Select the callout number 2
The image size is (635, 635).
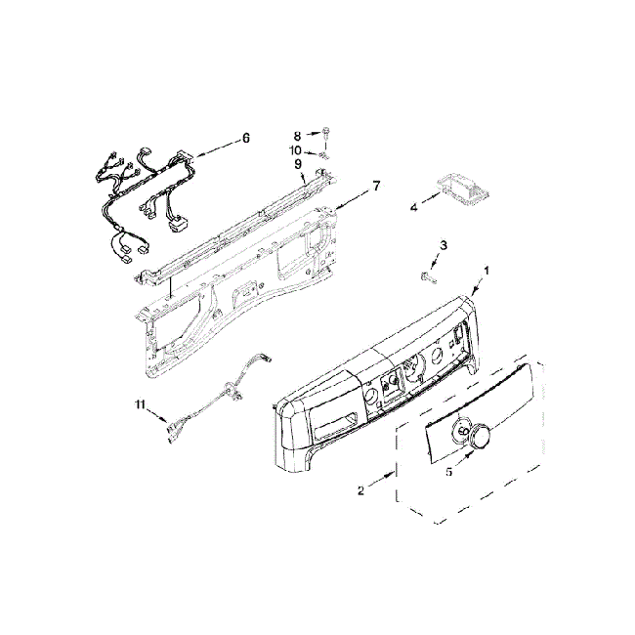(360, 490)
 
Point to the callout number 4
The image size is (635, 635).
(414, 207)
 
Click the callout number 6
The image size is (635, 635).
(245, 139)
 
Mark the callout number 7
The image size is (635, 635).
(375, 186)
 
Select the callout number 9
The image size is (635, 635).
(297, 164)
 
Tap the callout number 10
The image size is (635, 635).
(295, 149)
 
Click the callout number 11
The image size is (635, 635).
(140, 403)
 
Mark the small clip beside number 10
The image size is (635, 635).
(321, 151)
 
